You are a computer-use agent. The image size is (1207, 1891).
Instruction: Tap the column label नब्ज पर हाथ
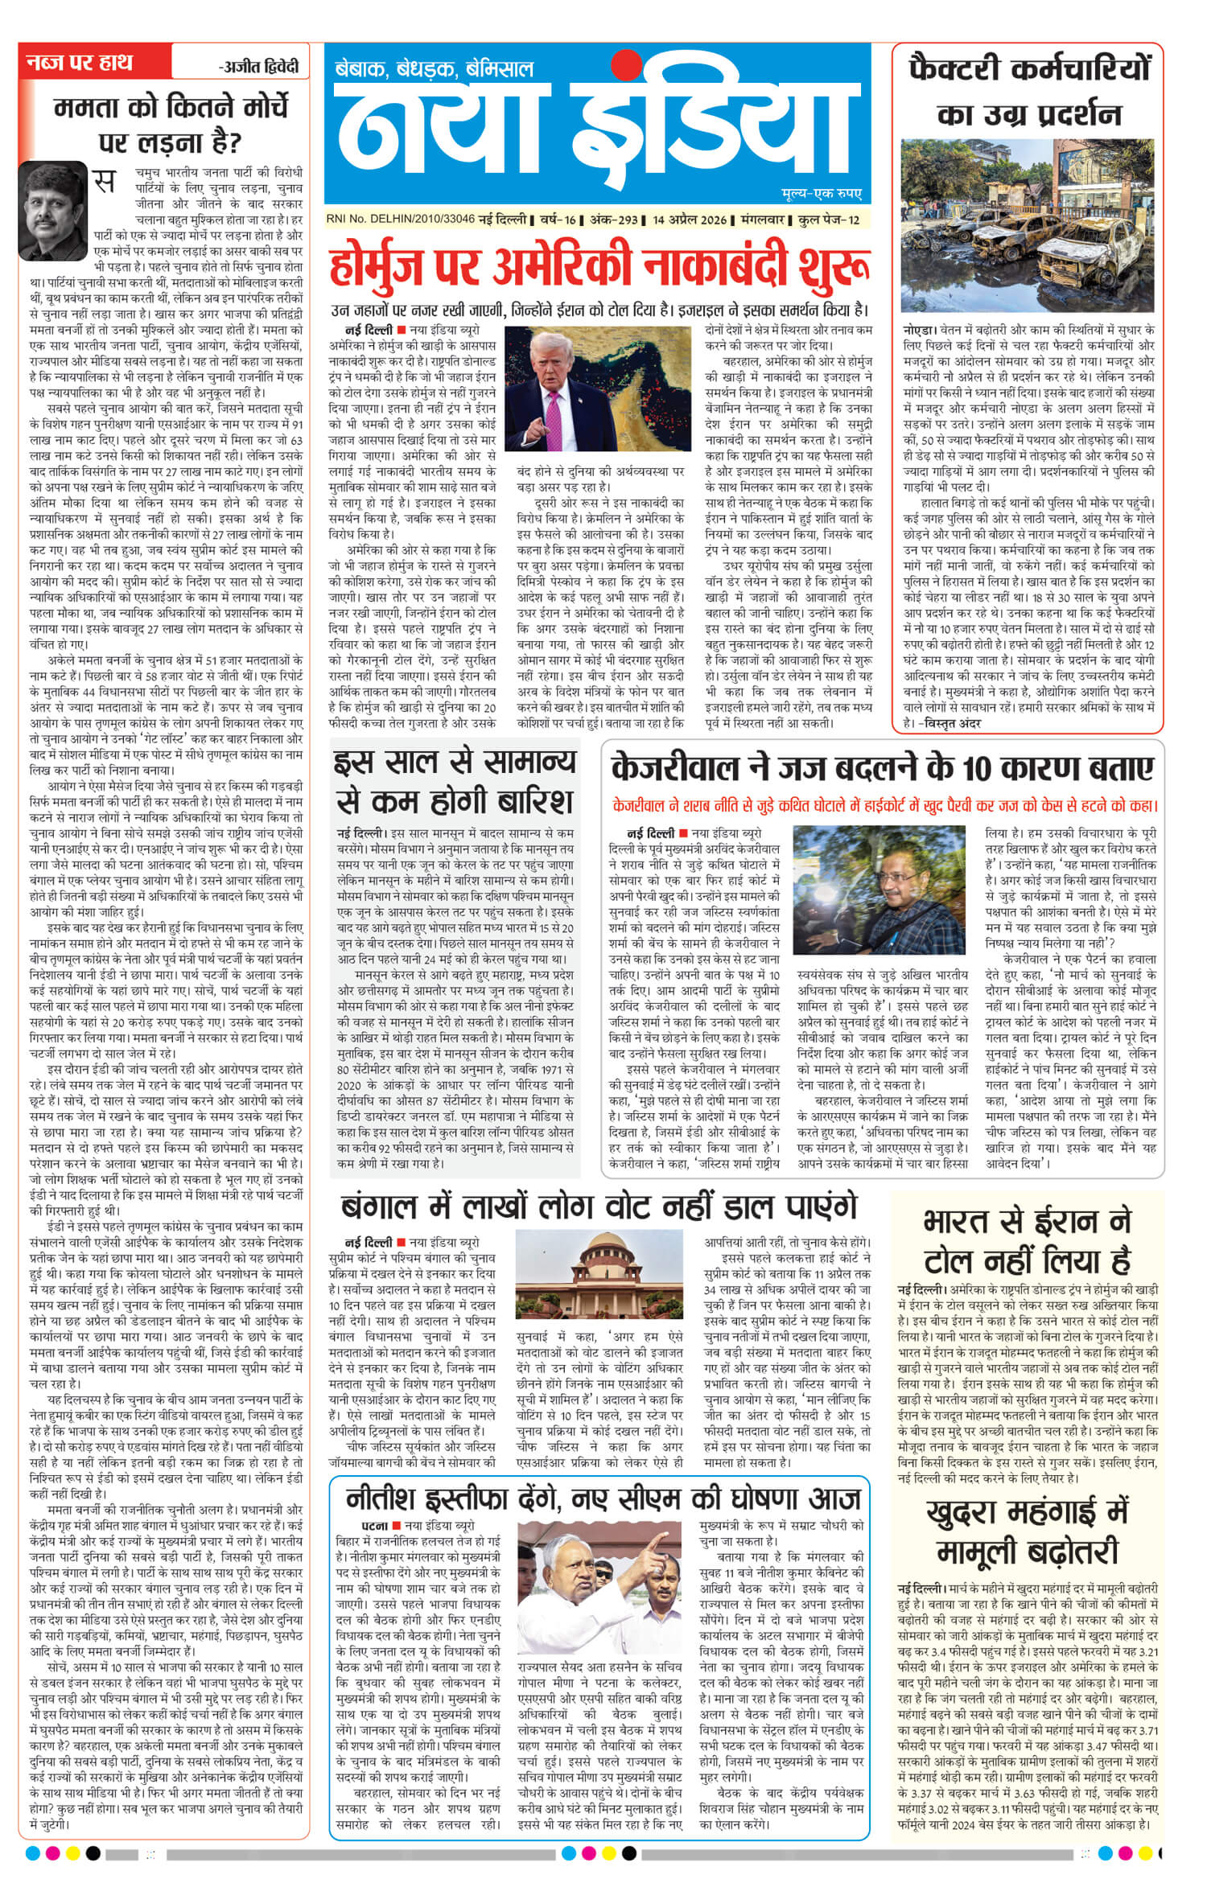tap(79, 64)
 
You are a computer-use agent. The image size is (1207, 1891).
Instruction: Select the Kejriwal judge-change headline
tap(883, 767)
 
